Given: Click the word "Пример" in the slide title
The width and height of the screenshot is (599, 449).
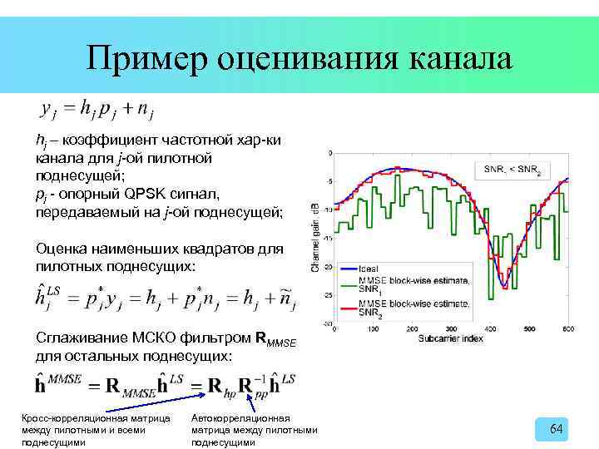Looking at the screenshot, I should (x=146, y=59).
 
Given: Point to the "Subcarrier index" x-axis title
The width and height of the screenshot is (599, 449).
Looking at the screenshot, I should (x=449, y=338).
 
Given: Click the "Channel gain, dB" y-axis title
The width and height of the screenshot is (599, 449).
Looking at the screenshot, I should (x=316, y=237).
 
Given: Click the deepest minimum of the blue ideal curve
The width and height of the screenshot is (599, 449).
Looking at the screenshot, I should (x=503, y=287).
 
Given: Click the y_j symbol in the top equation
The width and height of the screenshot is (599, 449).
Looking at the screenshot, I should (x=48, y=108).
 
